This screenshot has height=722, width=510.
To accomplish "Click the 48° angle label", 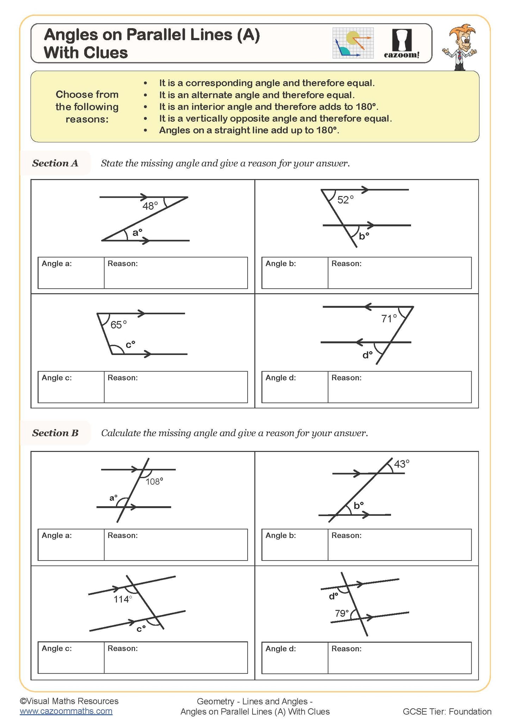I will click(150, 206).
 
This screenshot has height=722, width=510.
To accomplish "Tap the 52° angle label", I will click(345, 200).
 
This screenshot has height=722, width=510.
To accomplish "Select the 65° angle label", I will click(118, 325).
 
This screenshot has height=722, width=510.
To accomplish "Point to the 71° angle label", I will click(389, 319).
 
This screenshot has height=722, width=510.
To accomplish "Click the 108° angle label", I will click(154, 482).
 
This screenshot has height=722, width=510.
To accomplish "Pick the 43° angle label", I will click(402, 464).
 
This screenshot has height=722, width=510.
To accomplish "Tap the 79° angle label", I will click(342, 613).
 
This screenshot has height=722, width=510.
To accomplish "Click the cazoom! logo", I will click(402, 44).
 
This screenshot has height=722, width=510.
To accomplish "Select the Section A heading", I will click(55, 163).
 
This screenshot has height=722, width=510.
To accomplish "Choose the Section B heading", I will click(55, 433).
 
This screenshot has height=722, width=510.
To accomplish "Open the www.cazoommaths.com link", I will click(66, 711).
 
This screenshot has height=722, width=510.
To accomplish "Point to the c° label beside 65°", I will click(130, 344).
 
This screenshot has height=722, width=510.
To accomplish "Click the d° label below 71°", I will click(367, 355).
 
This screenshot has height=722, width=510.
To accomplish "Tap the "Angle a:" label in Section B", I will click(57, 536).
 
